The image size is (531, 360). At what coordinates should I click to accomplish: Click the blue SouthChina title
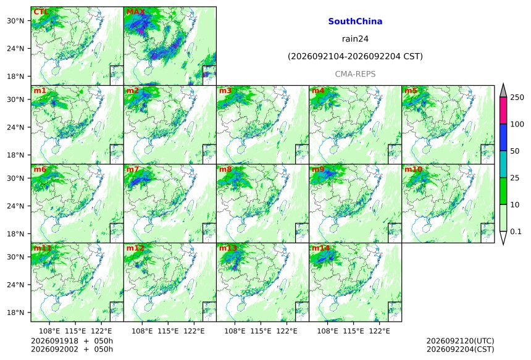355,22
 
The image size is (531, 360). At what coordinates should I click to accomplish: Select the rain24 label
355,39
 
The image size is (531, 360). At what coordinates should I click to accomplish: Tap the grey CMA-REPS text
355,74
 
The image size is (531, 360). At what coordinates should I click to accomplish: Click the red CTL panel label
40,12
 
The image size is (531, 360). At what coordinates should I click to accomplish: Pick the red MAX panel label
135,12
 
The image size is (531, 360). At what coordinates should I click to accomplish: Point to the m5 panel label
411,91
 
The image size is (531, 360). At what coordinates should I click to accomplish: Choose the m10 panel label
413,169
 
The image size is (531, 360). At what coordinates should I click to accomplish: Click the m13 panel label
228,248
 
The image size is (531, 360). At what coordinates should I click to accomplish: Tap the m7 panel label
132,169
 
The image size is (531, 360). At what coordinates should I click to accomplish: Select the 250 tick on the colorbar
517,98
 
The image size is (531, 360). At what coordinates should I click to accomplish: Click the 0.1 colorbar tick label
516,232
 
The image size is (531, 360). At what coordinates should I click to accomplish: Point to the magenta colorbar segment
503,111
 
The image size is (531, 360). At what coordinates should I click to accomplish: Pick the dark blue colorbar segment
503,138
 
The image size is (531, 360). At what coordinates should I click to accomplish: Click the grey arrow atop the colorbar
503,91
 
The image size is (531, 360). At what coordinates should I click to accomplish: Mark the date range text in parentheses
355,56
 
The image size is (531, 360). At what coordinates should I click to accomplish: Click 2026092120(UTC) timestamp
460,341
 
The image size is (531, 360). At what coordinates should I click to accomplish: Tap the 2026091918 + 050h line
72,341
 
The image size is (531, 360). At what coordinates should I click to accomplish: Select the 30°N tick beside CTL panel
15,20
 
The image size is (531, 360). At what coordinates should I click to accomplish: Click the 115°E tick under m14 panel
353,330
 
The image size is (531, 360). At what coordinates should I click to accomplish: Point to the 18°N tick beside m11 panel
15,312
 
